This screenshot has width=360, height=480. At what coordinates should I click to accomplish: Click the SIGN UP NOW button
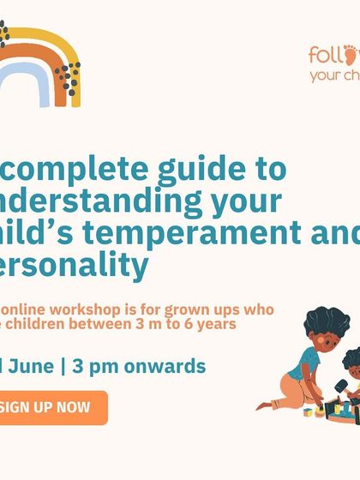51,407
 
